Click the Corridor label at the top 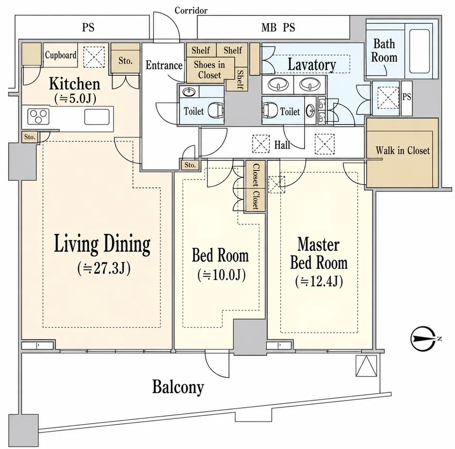[191, 11]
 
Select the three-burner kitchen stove [38, 116]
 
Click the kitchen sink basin [97, 117]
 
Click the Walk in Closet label [402, 150]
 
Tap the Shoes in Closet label [209, 69]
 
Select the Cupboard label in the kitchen [61, 55]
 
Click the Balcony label [178, 387]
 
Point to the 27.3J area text [104, 268]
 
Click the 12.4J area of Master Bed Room [319, 281]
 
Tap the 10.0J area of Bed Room [222, 275]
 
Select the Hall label [283, 145]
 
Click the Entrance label [164, 65]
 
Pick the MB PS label [278, 28]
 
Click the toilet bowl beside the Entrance [216, 110]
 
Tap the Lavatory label [312, 64]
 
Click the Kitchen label [75, 83]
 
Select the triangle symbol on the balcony [366, 366]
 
